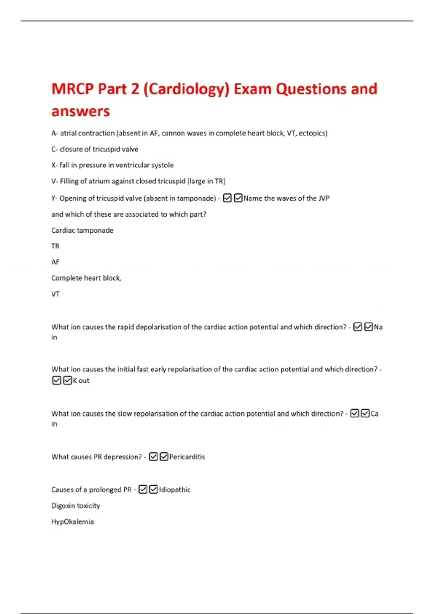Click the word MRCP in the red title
point(73,89)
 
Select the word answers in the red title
point(80,111)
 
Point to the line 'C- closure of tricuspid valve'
point(95,149)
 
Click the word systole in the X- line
point(162,165)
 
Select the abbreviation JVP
point(324,198)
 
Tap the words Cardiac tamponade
point(82,230)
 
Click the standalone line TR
point(55,246)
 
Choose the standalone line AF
point(55,262)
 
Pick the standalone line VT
point(55,294)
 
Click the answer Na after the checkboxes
point(378,327)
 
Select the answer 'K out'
point(81,380)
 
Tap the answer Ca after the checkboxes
point(374,414)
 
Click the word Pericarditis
point(187,457)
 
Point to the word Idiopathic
point(175,489)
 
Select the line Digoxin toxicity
point(76,506)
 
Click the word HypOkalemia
point(72,522)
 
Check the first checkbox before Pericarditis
point(153,457)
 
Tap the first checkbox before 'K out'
point(57,380)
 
